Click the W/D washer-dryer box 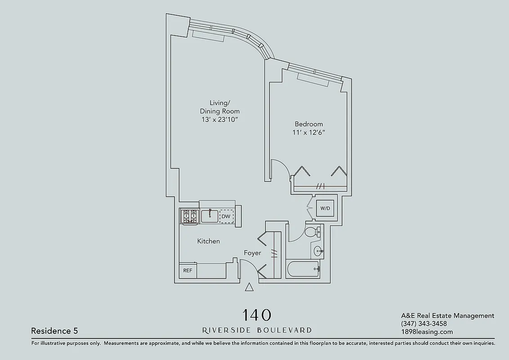(x=325, y=208)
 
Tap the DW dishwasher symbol (x=226, y=216)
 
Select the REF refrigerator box (x=188, y=270)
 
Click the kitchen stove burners (x=189, y=216)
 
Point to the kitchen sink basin (x=210, y=216)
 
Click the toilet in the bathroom (x=311, y=232)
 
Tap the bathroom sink (x=318, y=251)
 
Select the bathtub (x=303, y=269)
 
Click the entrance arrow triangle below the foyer (x=250, y=288)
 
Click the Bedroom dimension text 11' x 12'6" (x=308, y=132)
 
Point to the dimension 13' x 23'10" (x=220, y=119)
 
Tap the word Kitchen (x=209, y=241)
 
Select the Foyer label (x=252, y=253)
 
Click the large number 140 (x=257, y=315)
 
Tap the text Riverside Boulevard (x=257, y=330)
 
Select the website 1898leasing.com (x=427, y=332)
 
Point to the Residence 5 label (x=54, y=331)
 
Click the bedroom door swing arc (x=281, y=168)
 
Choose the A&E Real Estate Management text (x=447, y=315)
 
